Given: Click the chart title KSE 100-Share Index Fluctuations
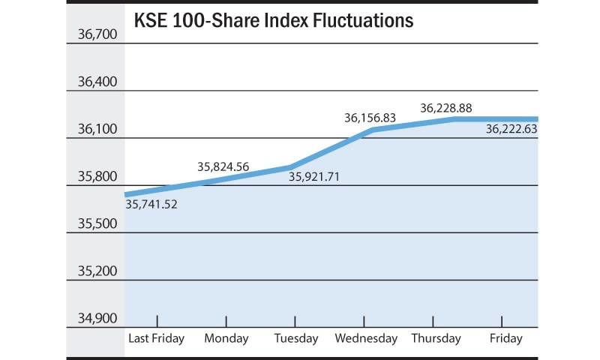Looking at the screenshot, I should (273, 21).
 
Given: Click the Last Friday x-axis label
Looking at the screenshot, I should (157, 339).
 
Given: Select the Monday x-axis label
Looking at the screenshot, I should (226, 339).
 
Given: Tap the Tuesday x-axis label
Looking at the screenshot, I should (295, 339).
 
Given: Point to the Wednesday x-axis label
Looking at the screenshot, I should (365, 339).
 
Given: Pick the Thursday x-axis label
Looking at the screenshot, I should (436, 339).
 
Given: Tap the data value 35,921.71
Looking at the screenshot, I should (315, 178).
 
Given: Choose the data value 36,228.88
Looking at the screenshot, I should (445, 108).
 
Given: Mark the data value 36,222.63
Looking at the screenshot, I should (511, 129).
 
